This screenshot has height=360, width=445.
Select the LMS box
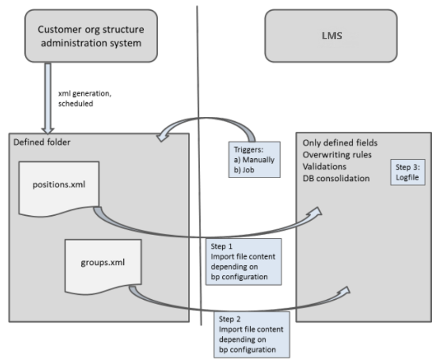click(x=330, y=37)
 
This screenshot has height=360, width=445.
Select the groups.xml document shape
click(x=102, y=264)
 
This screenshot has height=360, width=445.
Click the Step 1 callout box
click(x=243, y=262)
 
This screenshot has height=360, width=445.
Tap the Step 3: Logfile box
click(x=408, y=172)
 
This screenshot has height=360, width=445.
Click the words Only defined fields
click(x=340, y=143)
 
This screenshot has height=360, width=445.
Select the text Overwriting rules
click(x=336, y=154)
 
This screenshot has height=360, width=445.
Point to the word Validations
click(x=323, y=166)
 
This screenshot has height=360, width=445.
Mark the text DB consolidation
click(x=336, y=178)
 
